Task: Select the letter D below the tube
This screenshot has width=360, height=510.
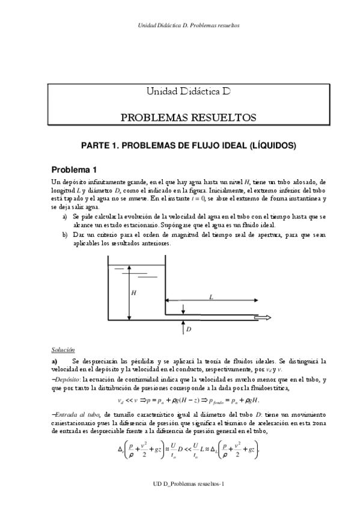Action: click(x=188, y=330)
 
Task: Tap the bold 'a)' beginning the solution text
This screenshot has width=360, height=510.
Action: click(x=54, y=361)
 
